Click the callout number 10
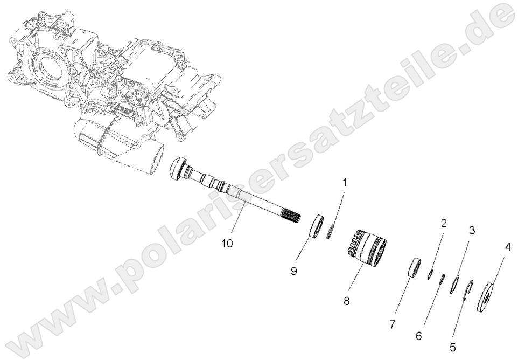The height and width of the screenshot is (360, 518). coord(227,244)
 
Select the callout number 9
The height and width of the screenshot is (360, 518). coord(294,271)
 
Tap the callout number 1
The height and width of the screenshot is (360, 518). coord(345,183)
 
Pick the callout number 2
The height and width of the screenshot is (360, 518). coord(444,223)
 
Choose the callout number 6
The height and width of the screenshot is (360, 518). coord(419,335)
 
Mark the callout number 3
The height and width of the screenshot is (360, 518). coord(472,231)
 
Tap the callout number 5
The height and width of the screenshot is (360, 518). coord(453,347)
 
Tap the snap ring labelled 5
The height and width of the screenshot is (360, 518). coord(468,288)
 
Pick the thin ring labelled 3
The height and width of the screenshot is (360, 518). coord(454,285)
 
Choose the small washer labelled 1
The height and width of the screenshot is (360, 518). coord(332,232)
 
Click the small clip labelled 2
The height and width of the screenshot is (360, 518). coord(430,275)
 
